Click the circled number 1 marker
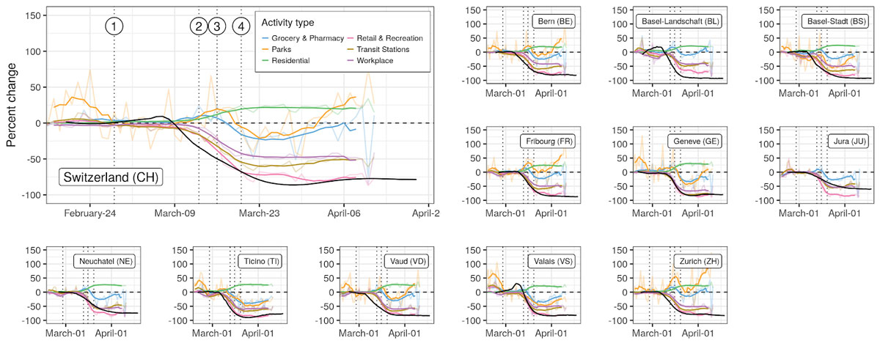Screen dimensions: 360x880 pyautogui.click(x=114, y=26)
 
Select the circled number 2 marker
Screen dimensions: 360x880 pyautogui.click(x=199, y=26)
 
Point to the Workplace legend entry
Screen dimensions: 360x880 pyautogui.click(x=381, y=60)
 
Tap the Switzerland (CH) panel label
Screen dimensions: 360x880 pyautogui.click(x=111, y=177)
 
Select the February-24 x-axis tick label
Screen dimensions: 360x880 pyautogui.click(x=88, y=213)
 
